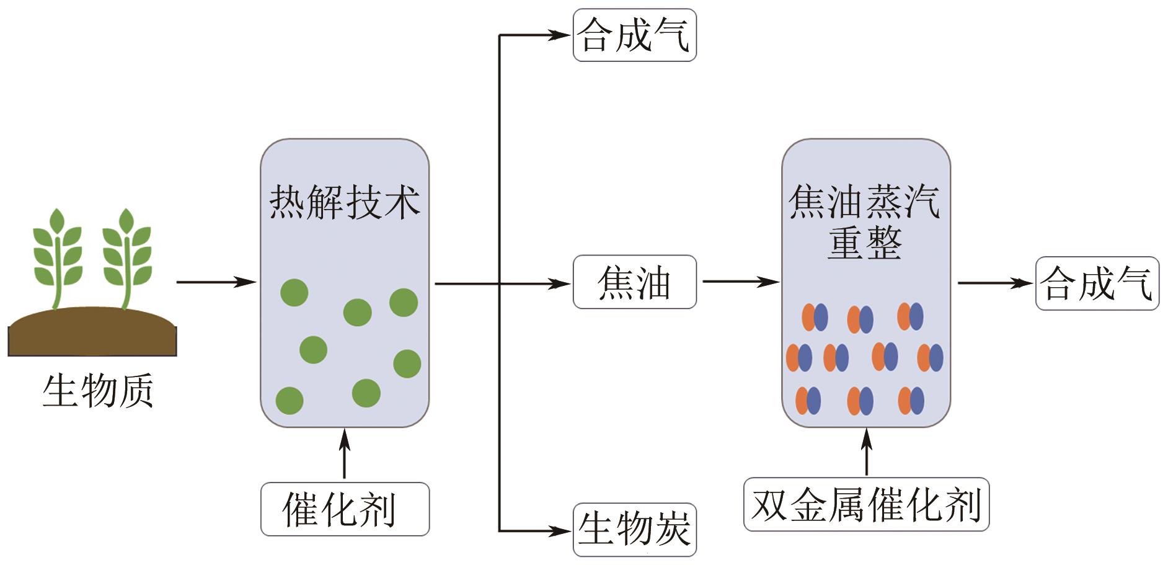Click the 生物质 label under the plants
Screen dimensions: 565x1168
[x=98, y=391]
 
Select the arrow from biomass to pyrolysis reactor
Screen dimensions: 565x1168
[x=216, y=283]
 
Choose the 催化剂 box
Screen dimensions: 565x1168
[x=345, y=509]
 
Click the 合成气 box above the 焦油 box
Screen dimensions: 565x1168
[x=634, y=35]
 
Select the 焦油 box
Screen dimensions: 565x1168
[x=634, y=282]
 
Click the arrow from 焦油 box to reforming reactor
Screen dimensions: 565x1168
[x=740, y=282]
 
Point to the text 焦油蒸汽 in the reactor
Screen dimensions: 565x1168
[x=865, y=202]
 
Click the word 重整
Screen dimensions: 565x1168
[x=865, y=242]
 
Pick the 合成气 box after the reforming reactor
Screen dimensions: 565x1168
[x=1097, y=283]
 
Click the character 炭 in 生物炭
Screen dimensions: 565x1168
[x=672, y=530]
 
